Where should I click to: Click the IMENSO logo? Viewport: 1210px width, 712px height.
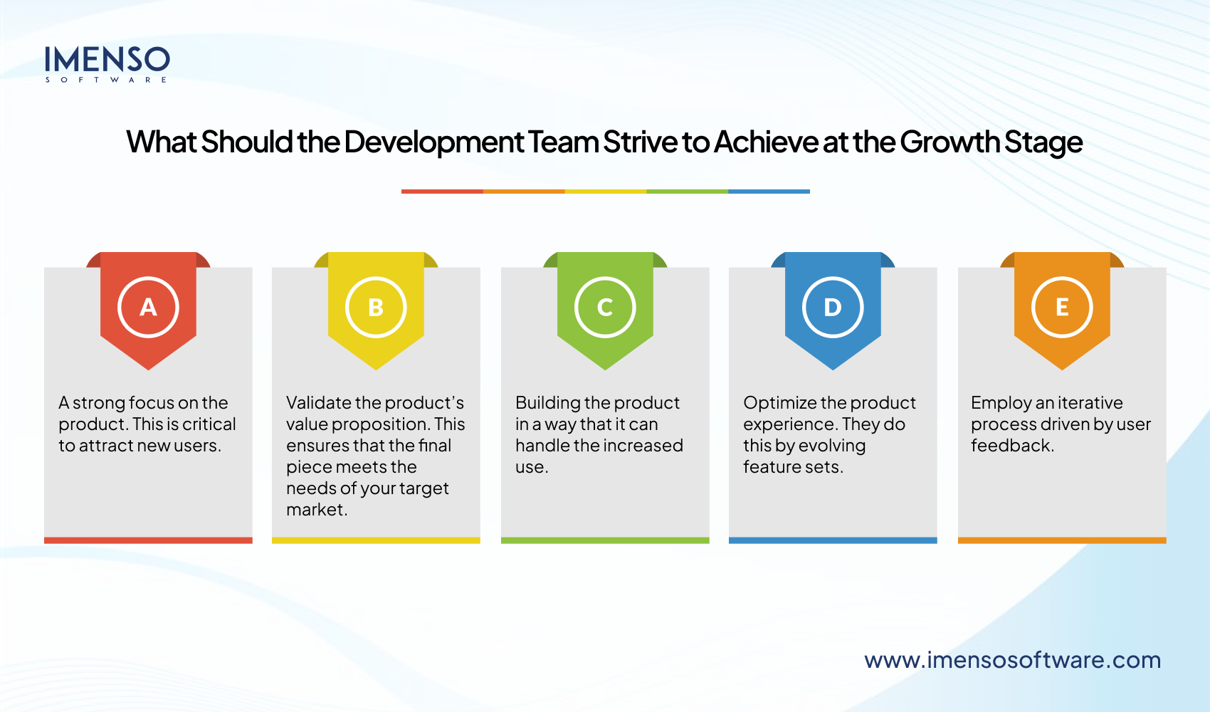tap(107, 64)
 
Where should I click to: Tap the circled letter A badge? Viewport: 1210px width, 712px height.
tap(148, 307)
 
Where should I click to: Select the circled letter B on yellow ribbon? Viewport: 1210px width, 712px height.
tap(376, 307)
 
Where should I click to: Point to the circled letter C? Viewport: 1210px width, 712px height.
tap(605, 307)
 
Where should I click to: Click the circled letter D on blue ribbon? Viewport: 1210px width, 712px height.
tap(833, 307)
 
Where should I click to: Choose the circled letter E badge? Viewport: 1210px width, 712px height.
tap(1062, 307)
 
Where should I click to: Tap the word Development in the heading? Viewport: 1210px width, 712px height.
tap(433, 142)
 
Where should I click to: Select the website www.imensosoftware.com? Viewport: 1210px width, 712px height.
tap(1012, 660)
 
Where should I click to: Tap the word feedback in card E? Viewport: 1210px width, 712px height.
tap(1012, 445)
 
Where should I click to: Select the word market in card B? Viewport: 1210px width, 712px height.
tap(317, 509)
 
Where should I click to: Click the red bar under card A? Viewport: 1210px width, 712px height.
tap(148, 540)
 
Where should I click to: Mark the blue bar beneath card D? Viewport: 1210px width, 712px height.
tap(833, 540)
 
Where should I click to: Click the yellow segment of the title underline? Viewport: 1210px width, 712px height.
tap(606, 192)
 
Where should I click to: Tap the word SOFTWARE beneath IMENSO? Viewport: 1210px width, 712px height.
tap(106, 80)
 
